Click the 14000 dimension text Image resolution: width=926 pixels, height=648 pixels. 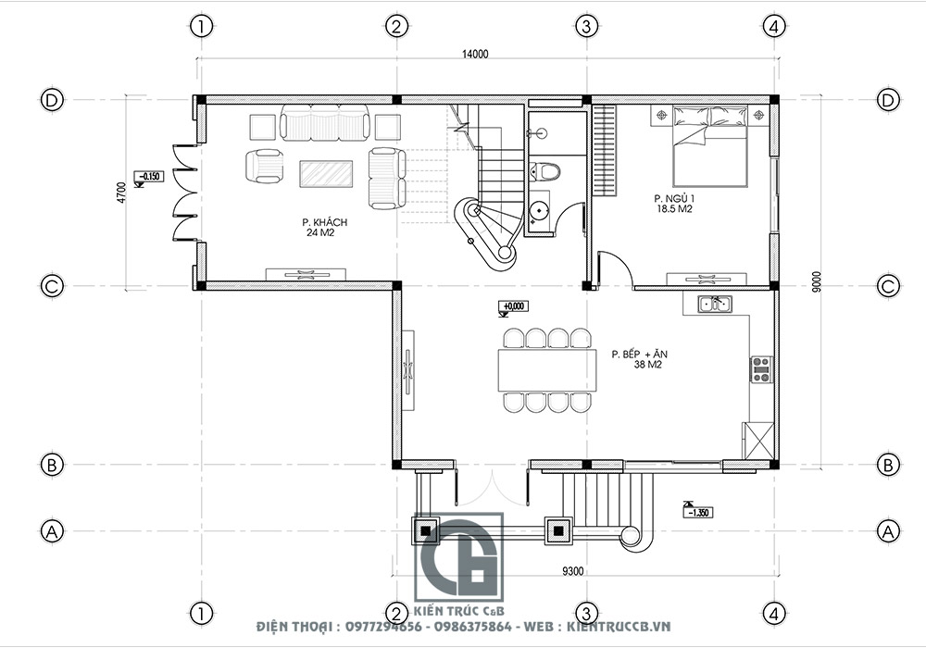tap(475, 55)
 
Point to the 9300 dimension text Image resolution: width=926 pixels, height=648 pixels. tap(573, 571)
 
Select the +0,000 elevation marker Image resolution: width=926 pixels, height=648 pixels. tap(512, 306)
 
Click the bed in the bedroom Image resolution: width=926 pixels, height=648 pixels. tap(708, 146)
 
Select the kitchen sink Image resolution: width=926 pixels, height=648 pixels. tap(715, 303)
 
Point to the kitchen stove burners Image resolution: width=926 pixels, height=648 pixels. tap(761, 369)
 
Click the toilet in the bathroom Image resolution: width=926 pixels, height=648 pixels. tap(548, 171)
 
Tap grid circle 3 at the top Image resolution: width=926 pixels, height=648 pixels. tap(584, 26)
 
